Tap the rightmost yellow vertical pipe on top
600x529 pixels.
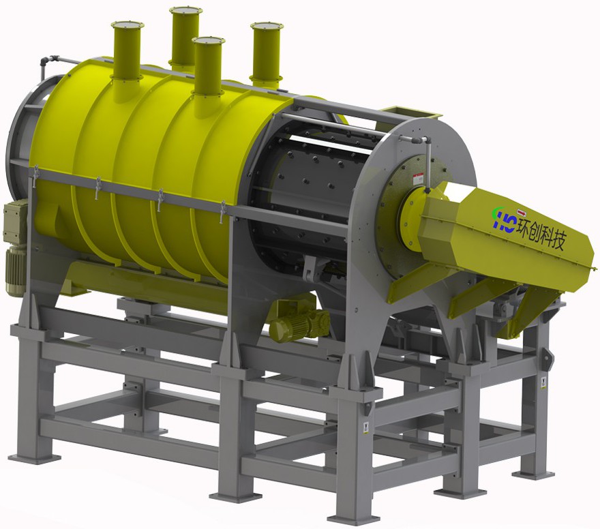[x=267, y=54]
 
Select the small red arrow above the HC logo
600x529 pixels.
[x=521, y=211]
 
